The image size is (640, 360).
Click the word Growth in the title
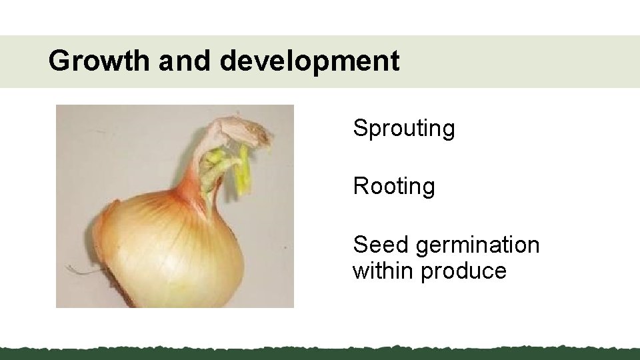pos(100,61)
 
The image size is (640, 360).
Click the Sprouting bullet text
pos(404,128)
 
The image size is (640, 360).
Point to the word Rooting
pos(394,187)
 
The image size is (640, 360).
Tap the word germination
pos(477,246)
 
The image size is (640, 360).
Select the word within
pos(383,271)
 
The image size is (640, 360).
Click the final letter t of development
pos(395,61)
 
